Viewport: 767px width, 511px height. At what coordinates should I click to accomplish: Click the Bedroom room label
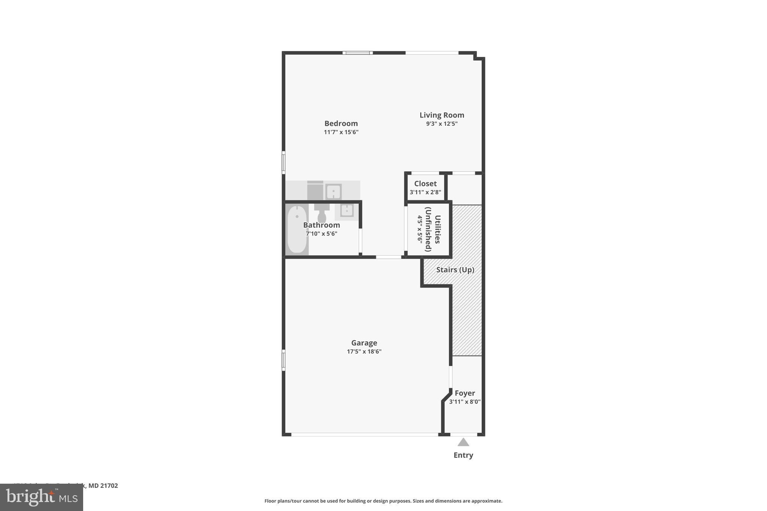coord(341,124)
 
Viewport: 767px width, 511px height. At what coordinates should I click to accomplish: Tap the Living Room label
coord(442,115)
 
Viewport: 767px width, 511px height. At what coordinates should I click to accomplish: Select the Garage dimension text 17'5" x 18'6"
coord(364,352)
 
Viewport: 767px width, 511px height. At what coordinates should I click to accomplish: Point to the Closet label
coord(425,184)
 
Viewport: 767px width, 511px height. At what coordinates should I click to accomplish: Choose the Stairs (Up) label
coord(455,270)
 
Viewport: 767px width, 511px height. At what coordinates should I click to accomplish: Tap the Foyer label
coord(465,393)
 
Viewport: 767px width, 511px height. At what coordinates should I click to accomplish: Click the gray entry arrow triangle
coord(463,442)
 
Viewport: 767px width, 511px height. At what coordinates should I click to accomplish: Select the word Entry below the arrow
coord(463,455)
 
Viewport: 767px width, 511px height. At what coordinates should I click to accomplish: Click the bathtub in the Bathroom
coord(297,229)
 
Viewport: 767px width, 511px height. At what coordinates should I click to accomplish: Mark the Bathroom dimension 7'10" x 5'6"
coord(321,234)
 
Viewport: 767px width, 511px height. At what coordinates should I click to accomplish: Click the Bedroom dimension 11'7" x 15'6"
coord(341,132)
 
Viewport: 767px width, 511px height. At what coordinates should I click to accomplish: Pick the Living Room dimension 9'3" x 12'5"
coord(442,124)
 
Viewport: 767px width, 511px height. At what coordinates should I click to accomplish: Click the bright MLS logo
coord(41,498)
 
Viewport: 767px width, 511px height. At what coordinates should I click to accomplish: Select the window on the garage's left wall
coord(284,360)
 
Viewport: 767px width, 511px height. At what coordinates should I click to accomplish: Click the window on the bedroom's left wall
coord(284,162)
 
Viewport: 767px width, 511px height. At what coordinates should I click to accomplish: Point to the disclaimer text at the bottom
coord(383,501)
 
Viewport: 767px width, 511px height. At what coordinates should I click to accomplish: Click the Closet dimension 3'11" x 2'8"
coord(425,192)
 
